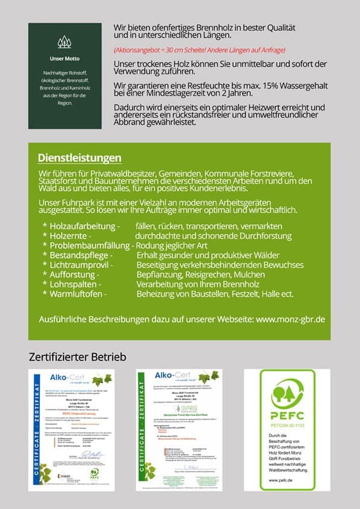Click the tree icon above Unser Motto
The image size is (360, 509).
coord(64,42)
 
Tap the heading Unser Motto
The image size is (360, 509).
coord(64,59)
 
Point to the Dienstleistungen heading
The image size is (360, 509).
coord(79,158)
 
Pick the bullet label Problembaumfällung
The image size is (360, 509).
coord(91,245)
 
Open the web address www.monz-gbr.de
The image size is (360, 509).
coord(290,319)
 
